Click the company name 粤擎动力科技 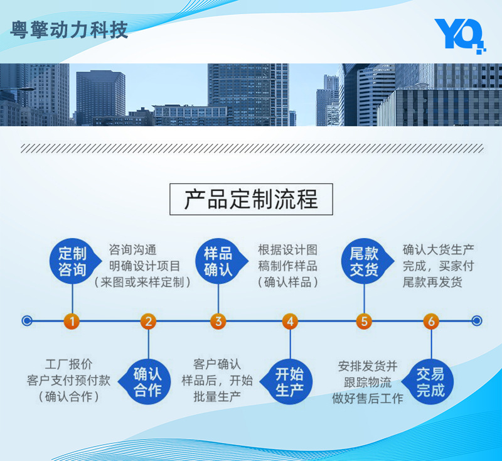coord(69,30)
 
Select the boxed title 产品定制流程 coord(251,199)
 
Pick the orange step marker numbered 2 coord(148,322)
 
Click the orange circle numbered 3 coord(218,322)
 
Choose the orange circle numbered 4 coord(289,322)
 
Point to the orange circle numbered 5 coord(364,322)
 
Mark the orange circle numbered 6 coord(430,322)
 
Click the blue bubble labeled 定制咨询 coord(72,262)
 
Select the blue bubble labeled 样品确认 coord(218,262)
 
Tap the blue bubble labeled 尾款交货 coord(364,262)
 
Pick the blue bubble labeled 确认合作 coord(148,382)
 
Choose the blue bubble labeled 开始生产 coord(289,382)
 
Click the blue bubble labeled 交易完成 coord(430,382)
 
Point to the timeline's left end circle coord(26,321)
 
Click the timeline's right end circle coord(477,321)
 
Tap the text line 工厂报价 coord(69,364)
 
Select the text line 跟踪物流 coord(368,382)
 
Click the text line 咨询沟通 coord(132,249)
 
